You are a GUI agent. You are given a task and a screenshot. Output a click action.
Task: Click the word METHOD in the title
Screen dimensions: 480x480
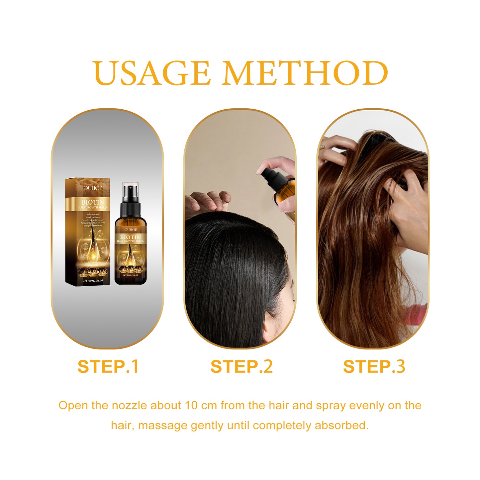click(x=305, y=73)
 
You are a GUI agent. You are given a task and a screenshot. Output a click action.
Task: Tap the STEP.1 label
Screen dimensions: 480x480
click(x=108, y=367)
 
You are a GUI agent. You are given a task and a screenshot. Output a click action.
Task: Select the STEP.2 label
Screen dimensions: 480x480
click(x=241, y=367)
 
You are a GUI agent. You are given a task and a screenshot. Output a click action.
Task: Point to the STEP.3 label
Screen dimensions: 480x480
click(x=374, y=367)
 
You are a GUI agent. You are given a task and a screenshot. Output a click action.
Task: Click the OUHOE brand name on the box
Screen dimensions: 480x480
click(x=93, y=188)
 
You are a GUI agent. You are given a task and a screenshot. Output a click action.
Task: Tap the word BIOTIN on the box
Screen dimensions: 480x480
click(x=93, y=202)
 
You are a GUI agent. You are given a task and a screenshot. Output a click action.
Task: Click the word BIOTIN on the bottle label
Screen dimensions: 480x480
click(x=131, y=237)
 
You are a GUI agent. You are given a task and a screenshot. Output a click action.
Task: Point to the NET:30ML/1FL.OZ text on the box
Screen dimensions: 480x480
click(x=93, y=281)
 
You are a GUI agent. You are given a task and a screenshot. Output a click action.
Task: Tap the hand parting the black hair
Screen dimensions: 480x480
click(x=208, y=201)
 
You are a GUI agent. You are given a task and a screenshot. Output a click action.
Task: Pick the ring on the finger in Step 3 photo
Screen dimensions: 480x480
click(x=322, y=146)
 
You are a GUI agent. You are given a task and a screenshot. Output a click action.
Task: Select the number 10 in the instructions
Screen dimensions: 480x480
click(x=192, y=406)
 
